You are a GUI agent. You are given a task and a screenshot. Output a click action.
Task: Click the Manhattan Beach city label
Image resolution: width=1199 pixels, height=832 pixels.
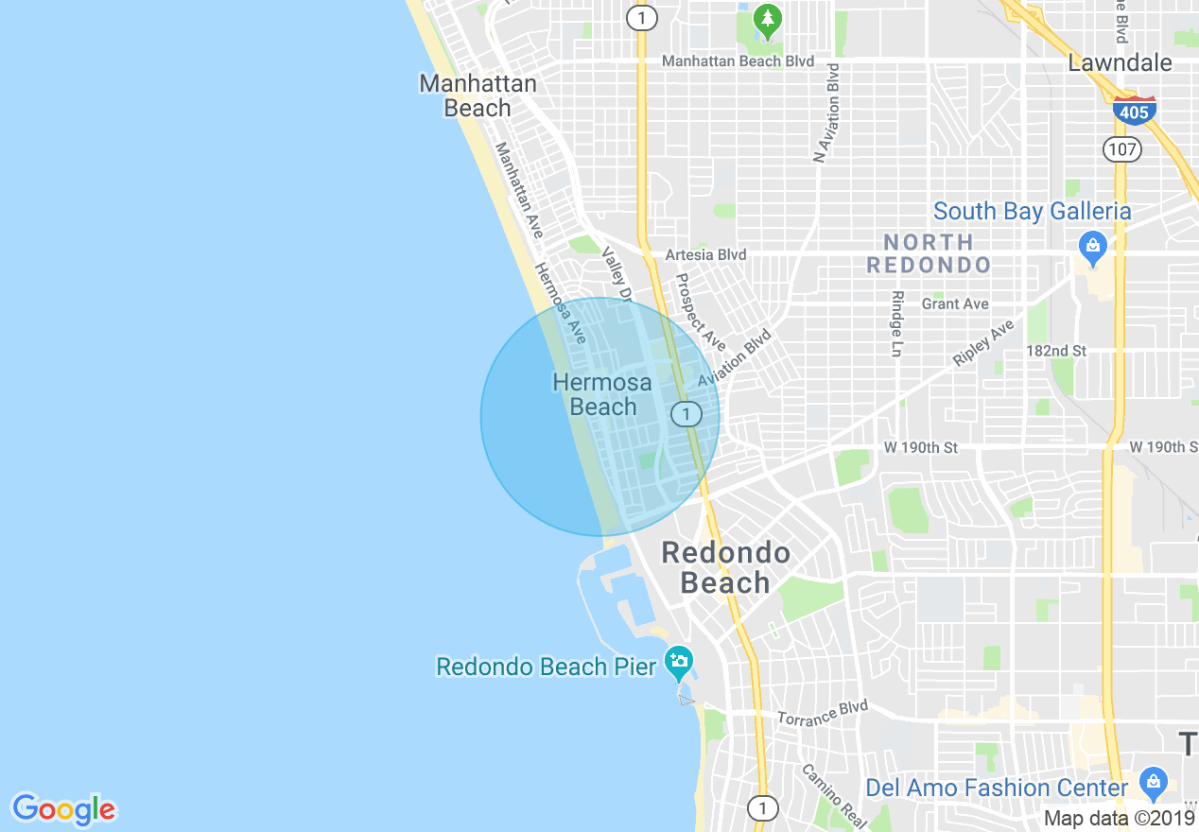478,95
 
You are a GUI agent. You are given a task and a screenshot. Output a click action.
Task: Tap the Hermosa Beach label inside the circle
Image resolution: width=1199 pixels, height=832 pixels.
602,394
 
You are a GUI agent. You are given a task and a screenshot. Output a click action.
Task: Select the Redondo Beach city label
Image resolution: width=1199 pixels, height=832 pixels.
725,567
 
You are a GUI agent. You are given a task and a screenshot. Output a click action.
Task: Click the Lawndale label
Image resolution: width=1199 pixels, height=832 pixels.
1120,62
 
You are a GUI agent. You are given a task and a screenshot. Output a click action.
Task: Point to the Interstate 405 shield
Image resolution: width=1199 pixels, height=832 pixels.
1134,110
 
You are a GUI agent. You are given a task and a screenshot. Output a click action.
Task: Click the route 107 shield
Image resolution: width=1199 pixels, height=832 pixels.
1122,148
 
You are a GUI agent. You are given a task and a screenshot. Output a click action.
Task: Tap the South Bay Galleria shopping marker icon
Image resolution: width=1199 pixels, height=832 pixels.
1092,249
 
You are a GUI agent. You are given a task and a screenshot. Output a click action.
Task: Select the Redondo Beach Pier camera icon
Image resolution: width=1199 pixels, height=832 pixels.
678,662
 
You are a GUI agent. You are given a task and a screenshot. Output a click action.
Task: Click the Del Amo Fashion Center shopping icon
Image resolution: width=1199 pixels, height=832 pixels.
1153,782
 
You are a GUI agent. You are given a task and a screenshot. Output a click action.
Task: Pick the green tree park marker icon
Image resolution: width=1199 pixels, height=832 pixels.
767,18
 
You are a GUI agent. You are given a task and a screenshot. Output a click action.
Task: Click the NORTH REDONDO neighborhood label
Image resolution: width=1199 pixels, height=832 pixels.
928,253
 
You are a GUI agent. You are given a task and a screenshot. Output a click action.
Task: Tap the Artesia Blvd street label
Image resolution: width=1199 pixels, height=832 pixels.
705,254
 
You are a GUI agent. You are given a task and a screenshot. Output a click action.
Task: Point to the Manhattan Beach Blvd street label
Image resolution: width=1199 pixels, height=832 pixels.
738,61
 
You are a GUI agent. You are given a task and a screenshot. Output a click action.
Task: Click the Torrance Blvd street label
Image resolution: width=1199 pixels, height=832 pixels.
823,713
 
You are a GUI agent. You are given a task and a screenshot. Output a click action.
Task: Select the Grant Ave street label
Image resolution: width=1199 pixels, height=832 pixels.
955,303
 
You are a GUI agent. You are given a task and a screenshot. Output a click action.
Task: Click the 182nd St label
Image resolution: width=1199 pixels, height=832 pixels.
1056,351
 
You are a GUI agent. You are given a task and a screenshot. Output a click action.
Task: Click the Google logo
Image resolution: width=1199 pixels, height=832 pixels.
63,808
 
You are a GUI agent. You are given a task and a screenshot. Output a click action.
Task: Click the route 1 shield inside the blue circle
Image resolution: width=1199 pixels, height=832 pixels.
686,413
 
